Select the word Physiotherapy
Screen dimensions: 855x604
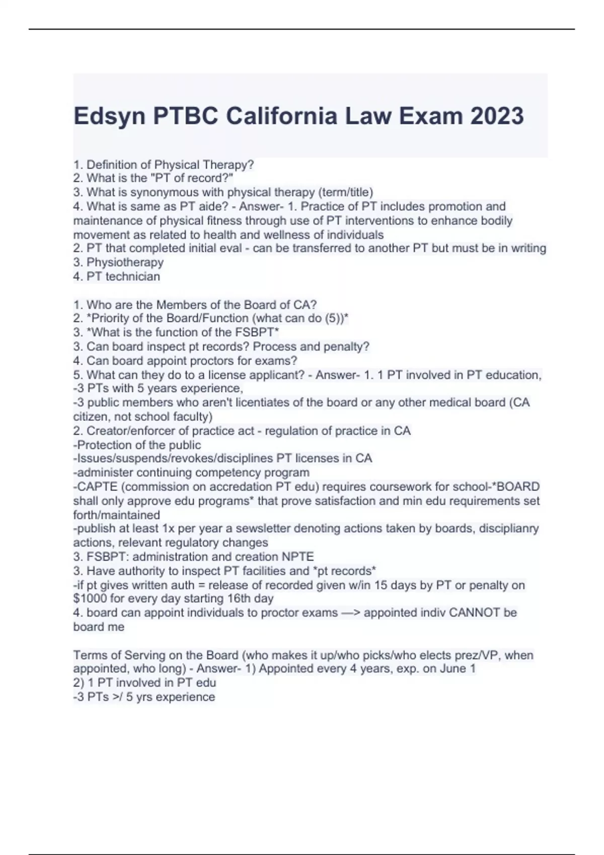tap(125, 262)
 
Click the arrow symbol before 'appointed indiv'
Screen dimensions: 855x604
tap(351, 613)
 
